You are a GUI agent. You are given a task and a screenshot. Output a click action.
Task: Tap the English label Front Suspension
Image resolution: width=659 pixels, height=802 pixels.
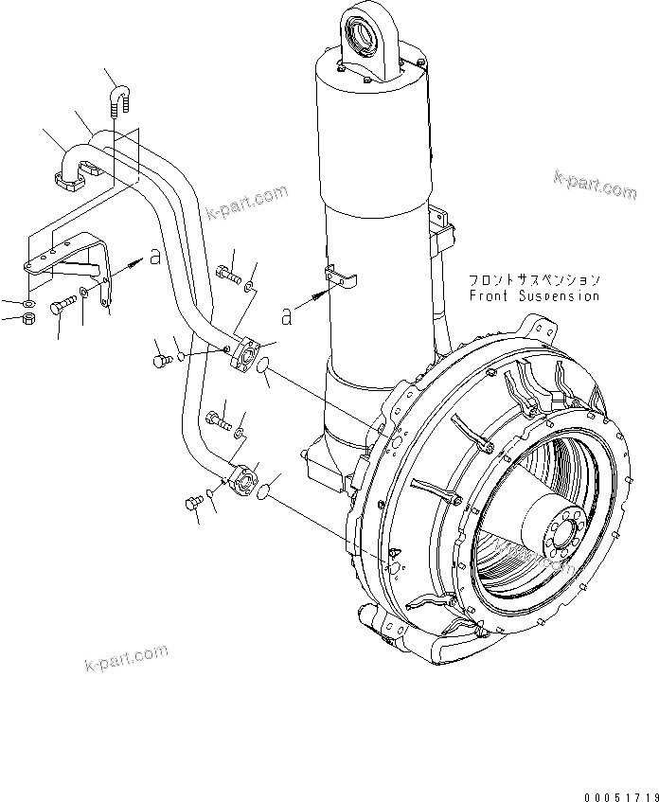coord(534,295)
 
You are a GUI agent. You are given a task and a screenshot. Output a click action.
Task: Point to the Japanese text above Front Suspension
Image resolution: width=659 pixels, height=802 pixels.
coord(535,280)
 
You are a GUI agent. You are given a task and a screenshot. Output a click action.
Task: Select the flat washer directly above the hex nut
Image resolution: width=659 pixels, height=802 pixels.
coord(28,303)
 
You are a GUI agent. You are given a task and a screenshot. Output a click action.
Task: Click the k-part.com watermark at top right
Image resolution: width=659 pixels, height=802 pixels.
coord(594,185)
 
